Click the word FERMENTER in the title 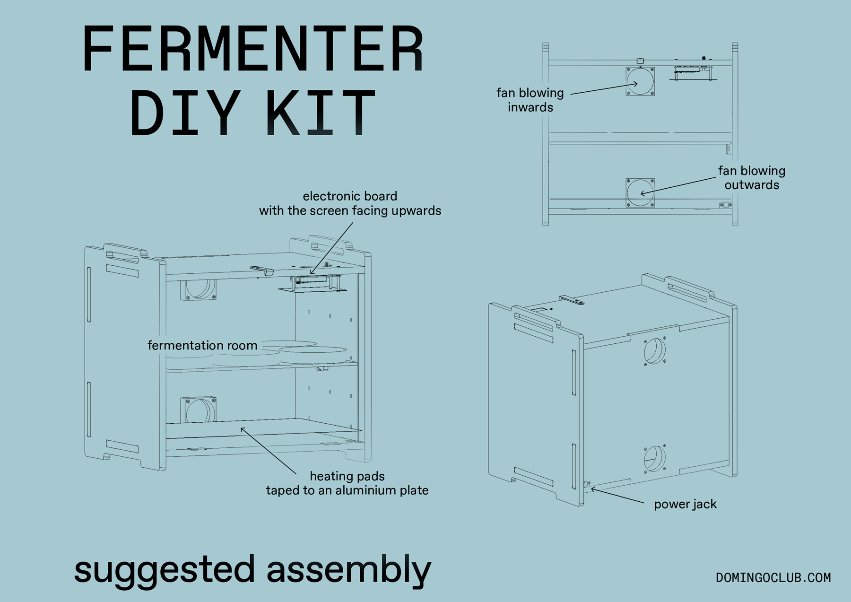click(x=253, y=49)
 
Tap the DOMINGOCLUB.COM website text click(x=773, y=578)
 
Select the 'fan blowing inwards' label click(x=530, y=100)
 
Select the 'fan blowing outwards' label click(x=751, y=178)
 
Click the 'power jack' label click(x=685, y=505)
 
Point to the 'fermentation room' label click(x=202, y=346)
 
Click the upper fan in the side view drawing click(x=640, y=81)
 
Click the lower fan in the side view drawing click(x=640, y=192)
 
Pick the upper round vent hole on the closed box click(x=655, y=351)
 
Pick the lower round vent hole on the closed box click(x=655, y=458)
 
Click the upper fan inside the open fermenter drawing click(x=199, y=289)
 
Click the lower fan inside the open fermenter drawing click(x=199, y=410)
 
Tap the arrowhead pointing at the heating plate click(x=242, y=428)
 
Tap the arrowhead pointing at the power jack click(x=592, y=489)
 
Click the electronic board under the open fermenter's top click(x=312, y=283)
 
